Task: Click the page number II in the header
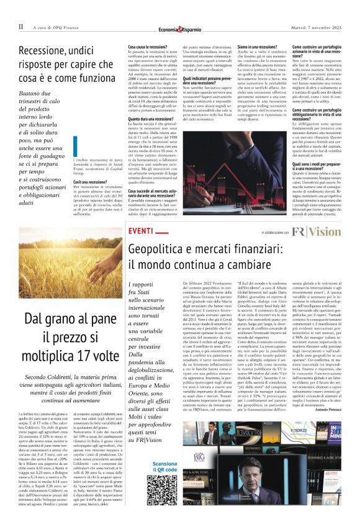(x=21, y=27)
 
